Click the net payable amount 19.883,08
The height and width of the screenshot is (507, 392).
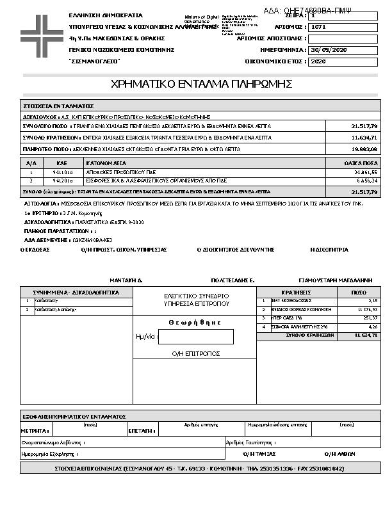[x=364, y=149]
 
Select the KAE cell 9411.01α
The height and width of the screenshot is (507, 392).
[x=63, y=172]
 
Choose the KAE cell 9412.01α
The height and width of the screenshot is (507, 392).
[x=63, y=181]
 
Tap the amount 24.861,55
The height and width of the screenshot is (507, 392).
[x=366, y=172]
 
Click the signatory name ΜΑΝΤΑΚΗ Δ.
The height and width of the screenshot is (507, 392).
[x=126, y=280]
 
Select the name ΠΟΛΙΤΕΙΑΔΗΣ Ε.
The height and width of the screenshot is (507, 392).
[x=233, y=280]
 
